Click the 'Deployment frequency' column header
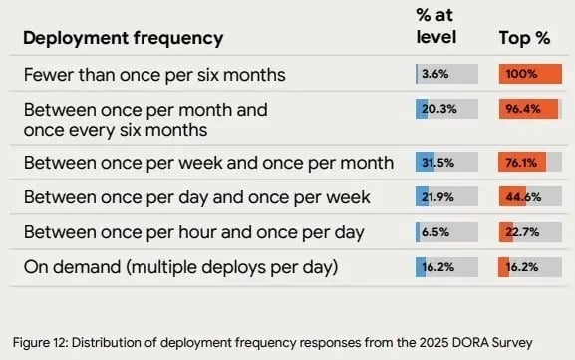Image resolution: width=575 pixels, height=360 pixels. pyautogui.click(x=123, y=39)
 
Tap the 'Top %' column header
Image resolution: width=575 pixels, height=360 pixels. pyautogui.click(x=524, y=38)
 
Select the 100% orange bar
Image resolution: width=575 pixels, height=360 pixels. pyautogui.click(x=530, y=74)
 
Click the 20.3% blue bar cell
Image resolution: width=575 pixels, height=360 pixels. pyautogui.click(x=446, y=110)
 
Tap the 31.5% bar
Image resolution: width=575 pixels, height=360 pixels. pyautogui.click(x=446, y=162)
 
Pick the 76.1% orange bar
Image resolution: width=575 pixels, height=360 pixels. pyautogui.click(x=530, y=162)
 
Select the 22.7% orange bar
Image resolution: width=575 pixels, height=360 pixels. pyautogui.click(x=530, y=232)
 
